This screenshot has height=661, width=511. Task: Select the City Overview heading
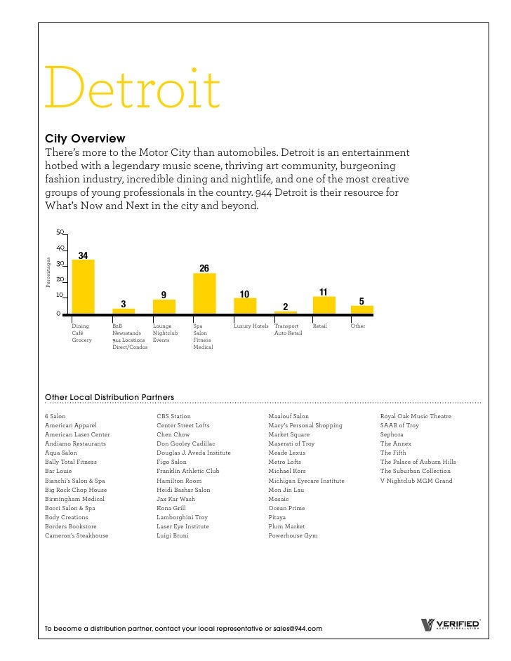(84, 139)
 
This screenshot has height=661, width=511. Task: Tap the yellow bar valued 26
(204, 293)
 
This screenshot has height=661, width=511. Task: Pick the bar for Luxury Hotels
(245, 305)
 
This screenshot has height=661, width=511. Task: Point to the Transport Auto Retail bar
(285, 312)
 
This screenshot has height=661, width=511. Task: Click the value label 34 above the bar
(83, 255)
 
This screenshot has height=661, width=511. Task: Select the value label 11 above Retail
(324, 292)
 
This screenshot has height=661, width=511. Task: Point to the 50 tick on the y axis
(60, 232)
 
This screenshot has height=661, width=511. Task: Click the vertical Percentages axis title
(48, 272)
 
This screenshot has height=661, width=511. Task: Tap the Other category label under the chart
(358, 326)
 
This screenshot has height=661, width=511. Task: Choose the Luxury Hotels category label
(251, 326)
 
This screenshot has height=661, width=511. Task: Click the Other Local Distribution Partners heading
(109, 397)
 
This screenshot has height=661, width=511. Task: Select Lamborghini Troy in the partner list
(182, 517)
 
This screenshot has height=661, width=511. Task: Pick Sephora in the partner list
(392, 434)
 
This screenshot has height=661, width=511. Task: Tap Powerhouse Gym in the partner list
(293, 535)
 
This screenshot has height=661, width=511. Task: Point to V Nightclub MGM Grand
(416, 481)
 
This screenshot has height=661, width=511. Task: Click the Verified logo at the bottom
(449, 625)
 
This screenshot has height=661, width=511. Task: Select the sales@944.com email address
(298, 629)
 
